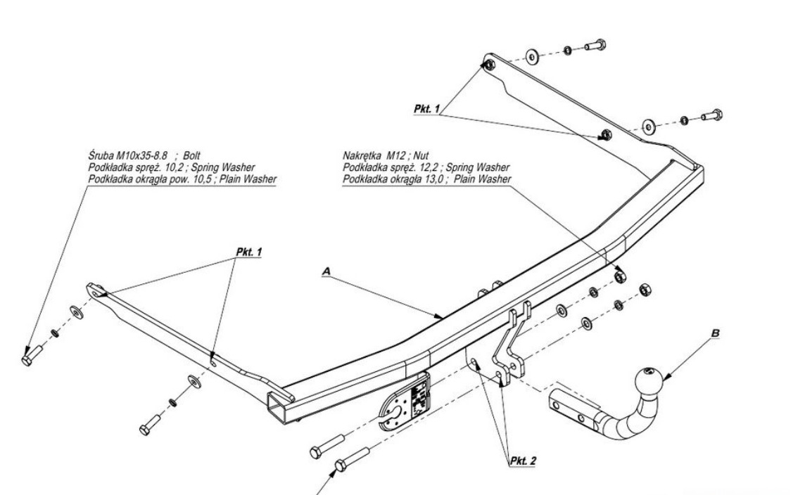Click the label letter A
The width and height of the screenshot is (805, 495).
326,269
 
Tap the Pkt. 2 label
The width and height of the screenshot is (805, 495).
522,461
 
